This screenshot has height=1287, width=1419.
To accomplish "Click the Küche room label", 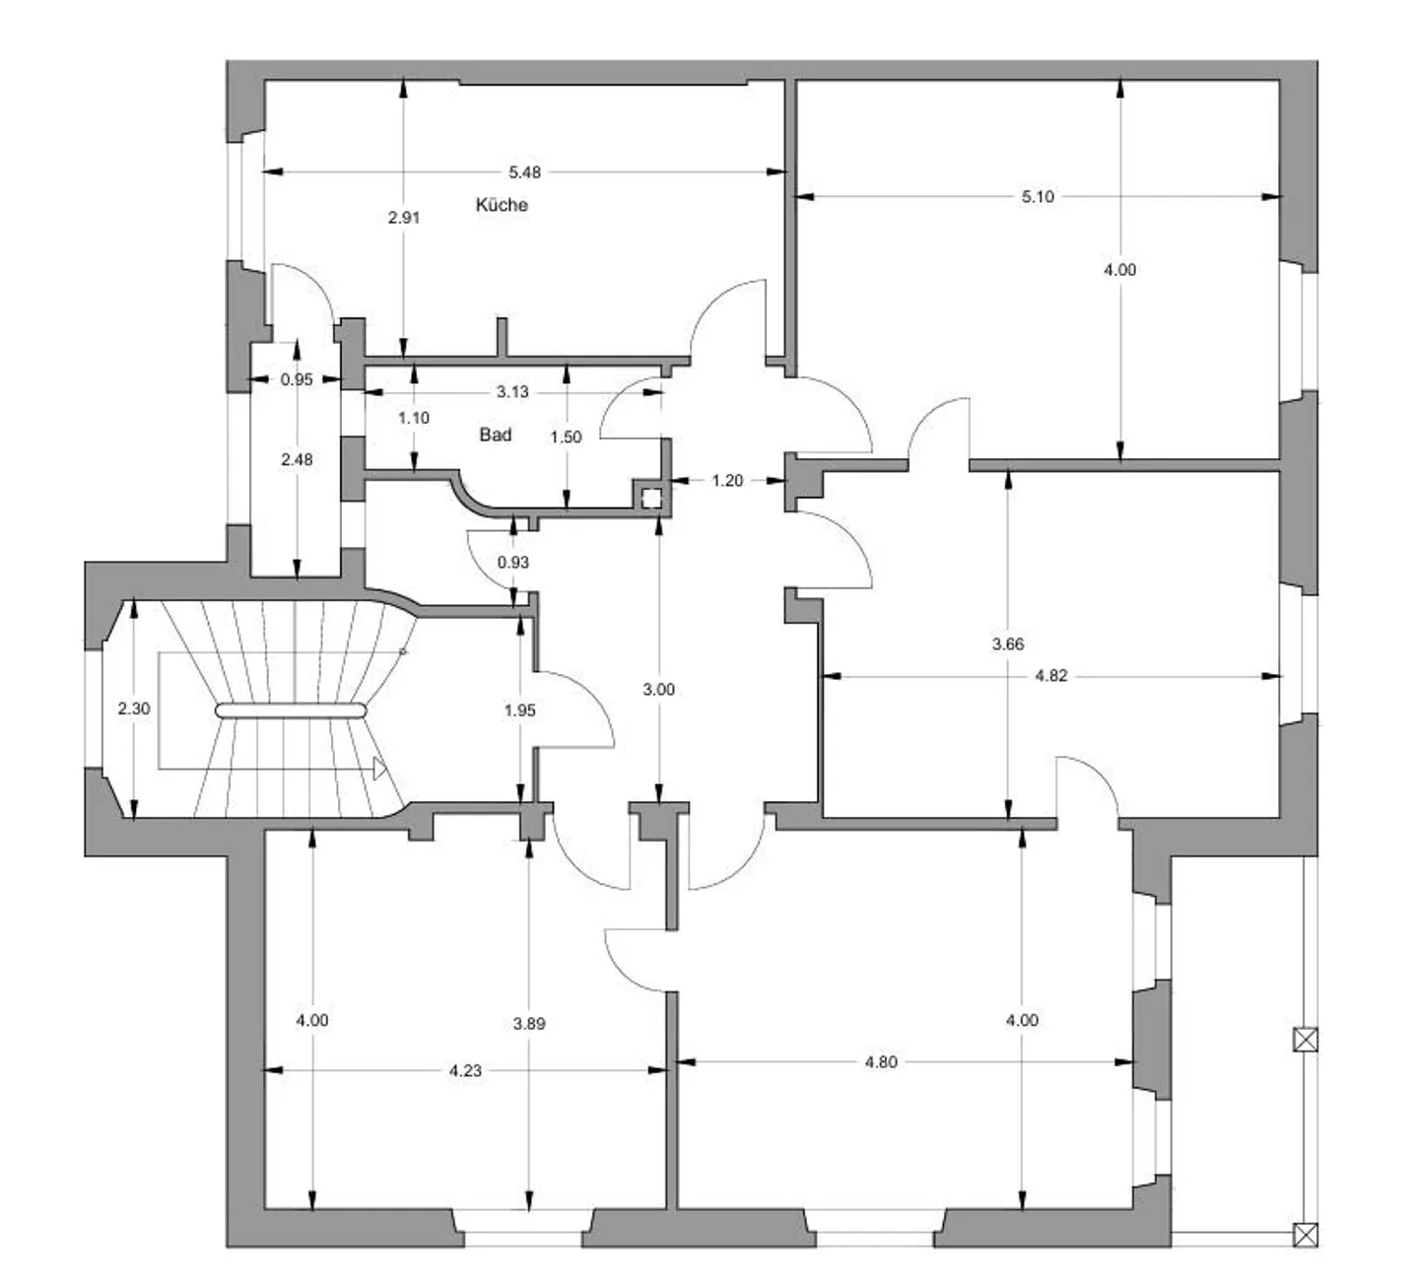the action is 502,205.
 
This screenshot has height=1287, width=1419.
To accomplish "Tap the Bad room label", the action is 495,435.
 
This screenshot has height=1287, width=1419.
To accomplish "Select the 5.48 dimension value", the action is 524,171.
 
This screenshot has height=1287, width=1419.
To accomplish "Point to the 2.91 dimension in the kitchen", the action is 404,217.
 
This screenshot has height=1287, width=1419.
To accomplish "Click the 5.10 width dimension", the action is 1038,197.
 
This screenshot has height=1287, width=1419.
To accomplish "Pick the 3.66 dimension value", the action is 1008,643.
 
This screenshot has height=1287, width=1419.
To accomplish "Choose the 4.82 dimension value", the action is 1051,676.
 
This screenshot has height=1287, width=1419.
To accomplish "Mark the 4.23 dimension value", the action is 465,1070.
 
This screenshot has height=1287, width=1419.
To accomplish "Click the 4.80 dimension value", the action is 881,1062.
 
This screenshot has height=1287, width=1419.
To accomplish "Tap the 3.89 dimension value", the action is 529,1023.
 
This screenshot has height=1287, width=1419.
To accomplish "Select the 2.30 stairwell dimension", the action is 134,709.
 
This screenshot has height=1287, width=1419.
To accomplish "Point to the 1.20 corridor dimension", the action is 727,481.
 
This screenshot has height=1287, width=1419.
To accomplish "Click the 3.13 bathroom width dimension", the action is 512,392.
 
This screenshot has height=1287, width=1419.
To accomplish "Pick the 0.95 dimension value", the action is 297,379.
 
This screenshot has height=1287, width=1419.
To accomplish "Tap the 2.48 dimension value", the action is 297,459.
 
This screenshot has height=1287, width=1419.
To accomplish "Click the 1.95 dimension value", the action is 520,711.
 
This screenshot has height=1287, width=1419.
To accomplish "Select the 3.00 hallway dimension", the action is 658,689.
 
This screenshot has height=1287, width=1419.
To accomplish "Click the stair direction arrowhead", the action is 380,769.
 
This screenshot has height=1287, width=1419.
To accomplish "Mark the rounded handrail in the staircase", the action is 291,711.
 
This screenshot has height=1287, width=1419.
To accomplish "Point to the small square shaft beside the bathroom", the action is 651,499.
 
